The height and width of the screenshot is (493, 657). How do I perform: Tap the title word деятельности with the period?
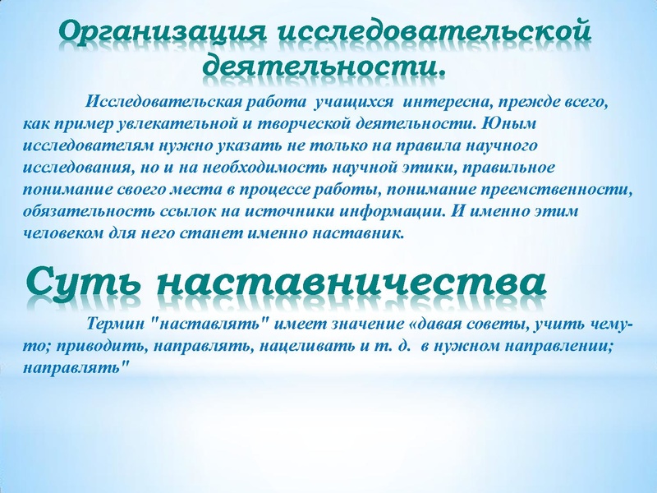click(x=324, y=63)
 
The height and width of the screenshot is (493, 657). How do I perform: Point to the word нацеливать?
click(x=306, y=347)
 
